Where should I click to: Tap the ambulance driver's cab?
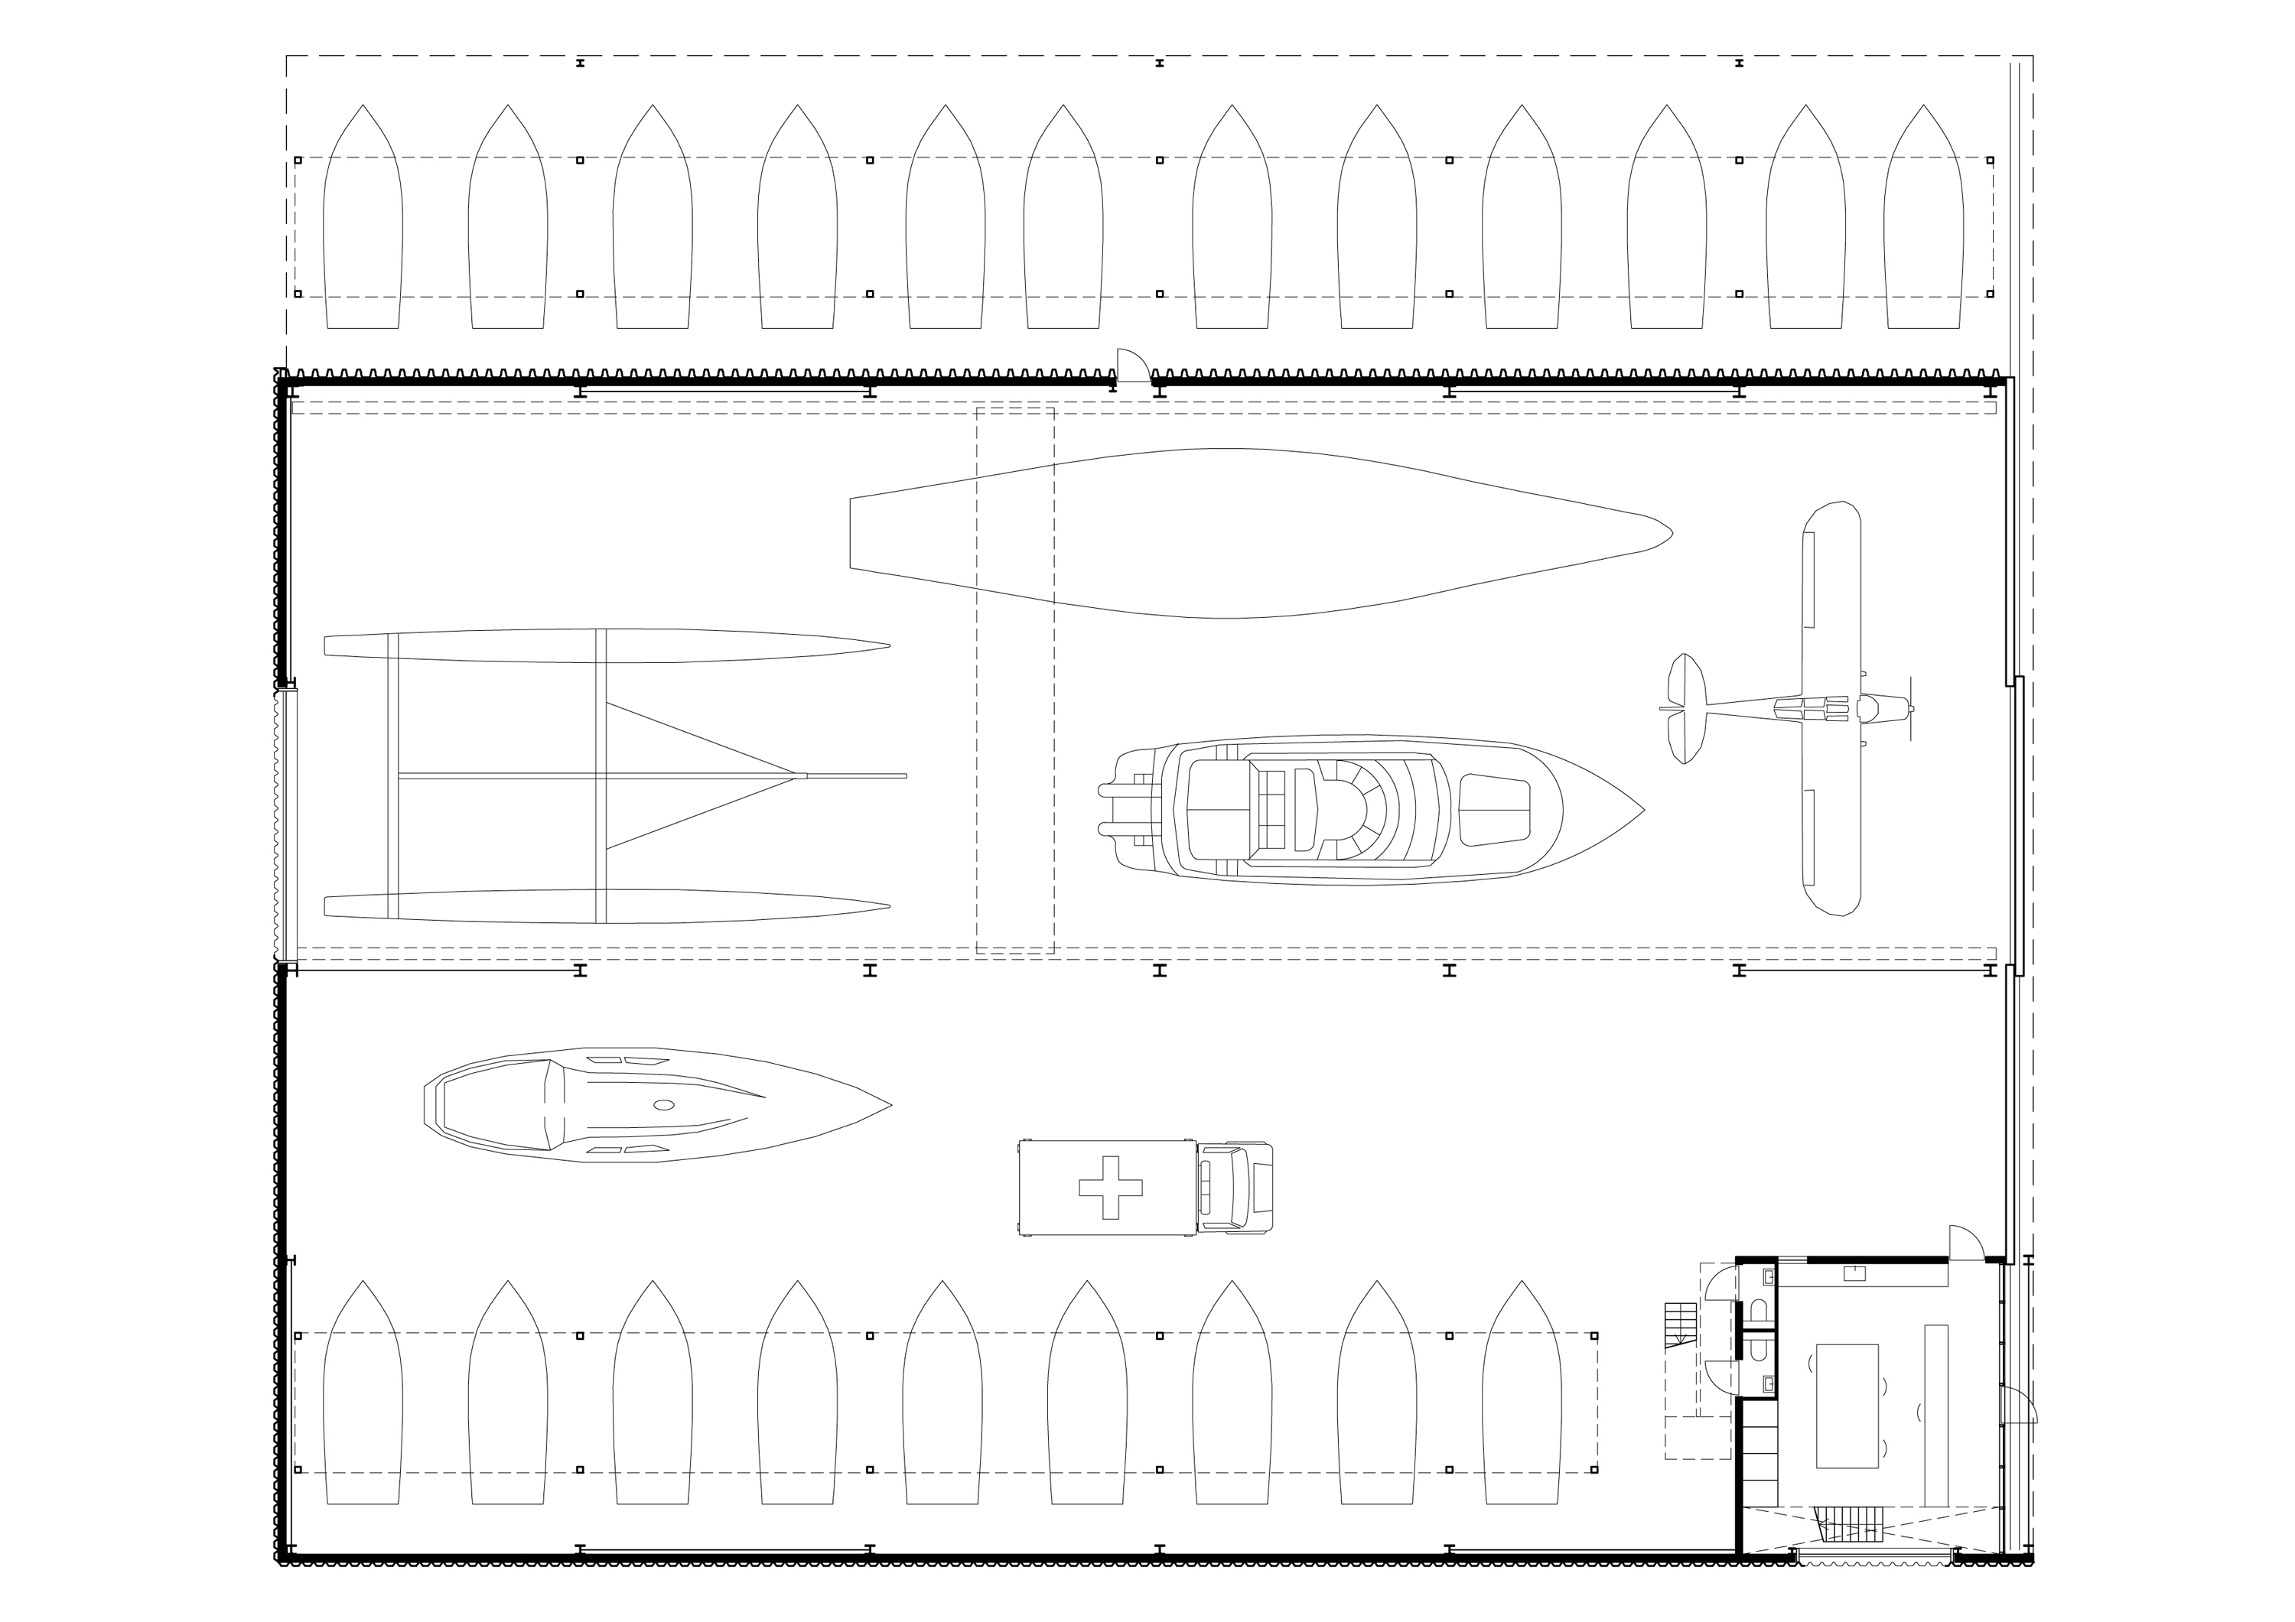(x=1235, y=1188)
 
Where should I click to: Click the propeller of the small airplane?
(x=1911, y=709)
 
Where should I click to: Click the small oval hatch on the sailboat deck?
(x=664, y=1104)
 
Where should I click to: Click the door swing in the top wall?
(x=1132, y=365)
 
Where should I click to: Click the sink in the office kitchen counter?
(x=1854, y=1273)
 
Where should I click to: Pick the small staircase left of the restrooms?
(x=1680, y=1325)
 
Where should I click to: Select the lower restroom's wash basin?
(x=1768, y=1384)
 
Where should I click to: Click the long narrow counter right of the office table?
(x=1936, y=1414)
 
